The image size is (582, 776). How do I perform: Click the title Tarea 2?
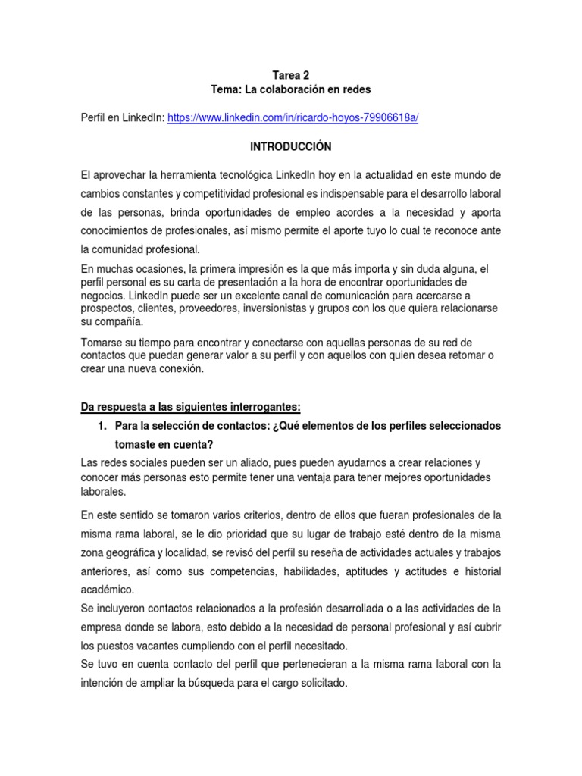pos(291,75)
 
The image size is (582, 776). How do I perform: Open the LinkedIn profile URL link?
pos(293,118)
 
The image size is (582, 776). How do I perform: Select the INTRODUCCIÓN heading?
pos(291,146)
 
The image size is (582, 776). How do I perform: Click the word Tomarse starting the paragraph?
pos(105,343)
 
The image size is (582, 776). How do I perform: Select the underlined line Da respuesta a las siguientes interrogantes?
pos(190,407)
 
